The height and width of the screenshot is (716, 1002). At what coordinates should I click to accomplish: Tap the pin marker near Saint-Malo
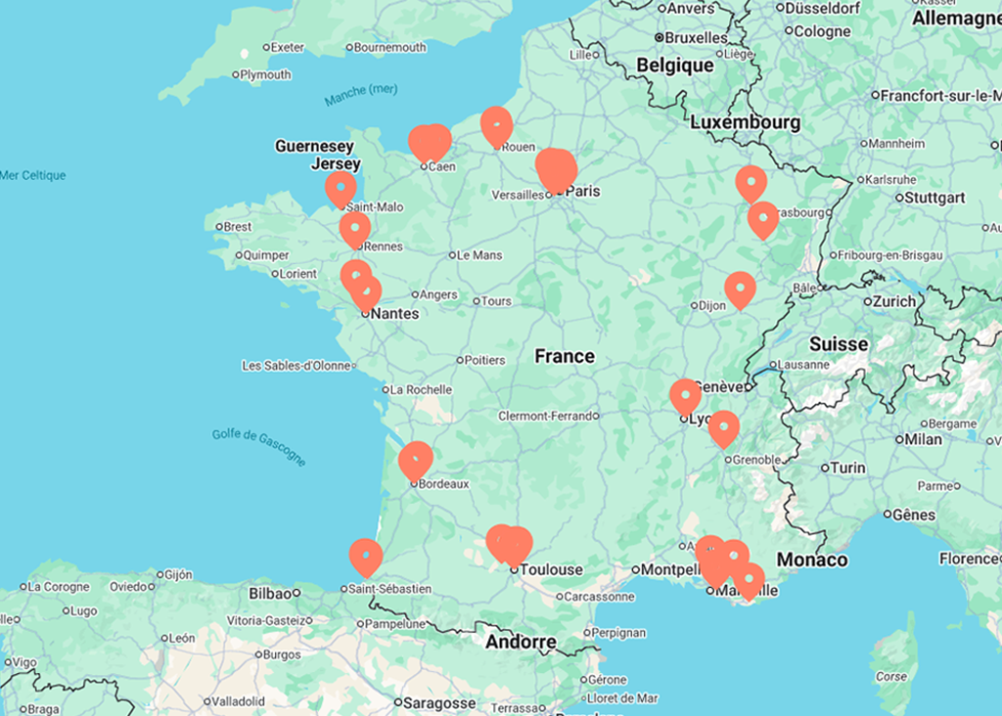pyautogui.click(x=341, y=188)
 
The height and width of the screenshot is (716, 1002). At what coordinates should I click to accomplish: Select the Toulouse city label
pyautogui.click(x=551, y=569)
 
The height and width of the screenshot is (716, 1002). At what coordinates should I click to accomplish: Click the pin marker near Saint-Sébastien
pyautogui.click(x=366, y=556)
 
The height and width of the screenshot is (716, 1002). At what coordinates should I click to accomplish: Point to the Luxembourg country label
pyautogui.click(x=745, y=122)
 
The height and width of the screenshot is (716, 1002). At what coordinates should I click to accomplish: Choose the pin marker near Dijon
pyautogui.click(x=740, y=289)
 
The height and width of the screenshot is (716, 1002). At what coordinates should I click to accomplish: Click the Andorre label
pyautogui.click(x=521, y=643)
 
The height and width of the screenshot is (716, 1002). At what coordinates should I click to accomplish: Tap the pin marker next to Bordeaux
pyautogui.click(x=416, y=459)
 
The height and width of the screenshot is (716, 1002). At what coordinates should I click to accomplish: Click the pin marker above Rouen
pyautogui.click(x=497, y=124)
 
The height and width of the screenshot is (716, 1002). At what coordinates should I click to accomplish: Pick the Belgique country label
pyautogui.click(x=675, y=66)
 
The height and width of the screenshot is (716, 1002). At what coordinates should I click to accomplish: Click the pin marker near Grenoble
pyautogui.click(x=723, y=427)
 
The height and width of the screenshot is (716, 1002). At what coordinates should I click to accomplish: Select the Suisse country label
pyautogui.click(x=839, y=344)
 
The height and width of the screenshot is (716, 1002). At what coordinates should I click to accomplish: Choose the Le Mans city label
pyautogui.click(x=480, y=255)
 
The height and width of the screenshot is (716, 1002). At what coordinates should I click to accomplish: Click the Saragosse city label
pyautogui.click(x=440, y=702)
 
